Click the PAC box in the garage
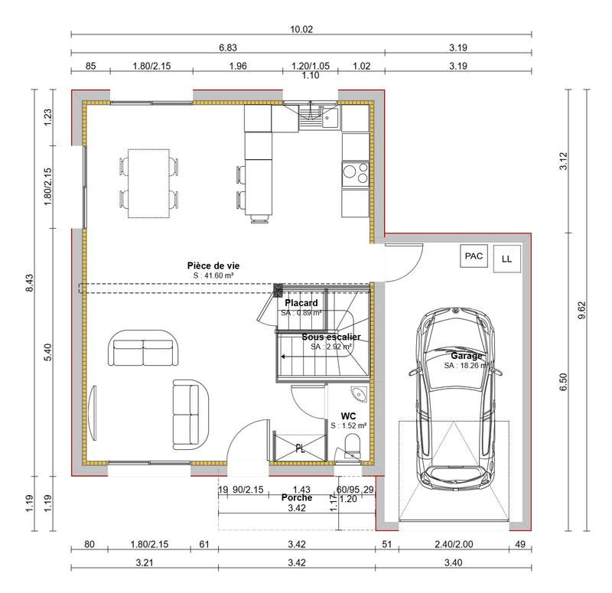(x=474, y=257)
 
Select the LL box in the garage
(x=506, y=259)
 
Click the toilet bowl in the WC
(x=353, y=445)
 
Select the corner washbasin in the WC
(x=357, y=395)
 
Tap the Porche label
(x=297, y=497)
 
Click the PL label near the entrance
(x=300, y=449)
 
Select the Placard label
(x=301, y=303)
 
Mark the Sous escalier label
(x=330, y=337)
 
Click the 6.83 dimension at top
(x=227, y=47)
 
